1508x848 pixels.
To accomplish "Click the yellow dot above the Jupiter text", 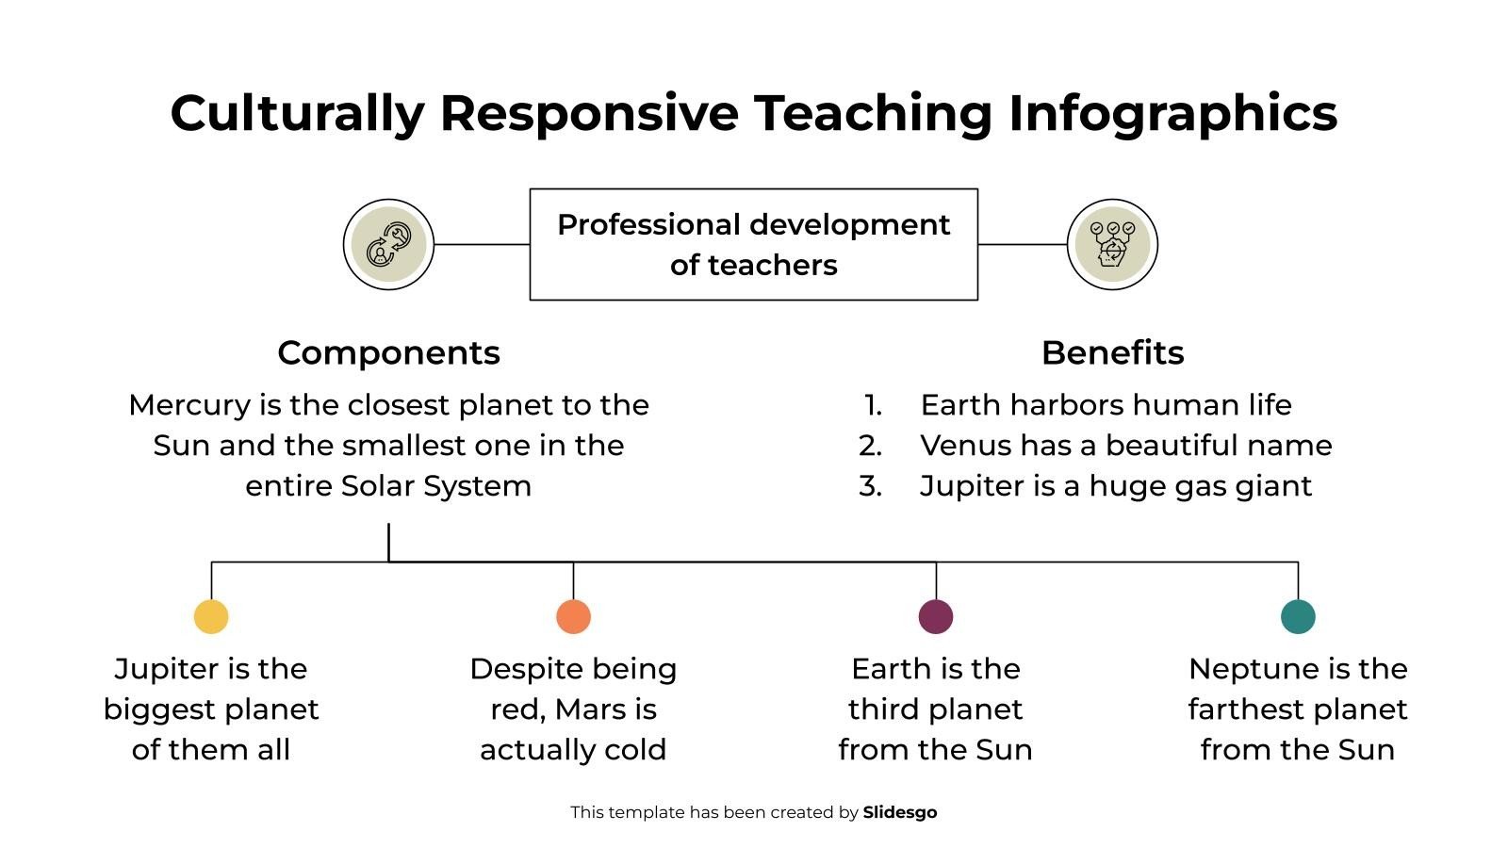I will (x=211, y=617).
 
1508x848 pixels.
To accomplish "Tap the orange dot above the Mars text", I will (x=573, y=617).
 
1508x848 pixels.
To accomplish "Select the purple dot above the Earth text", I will (x=936, y=617).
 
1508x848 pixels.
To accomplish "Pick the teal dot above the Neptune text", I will (x=1298, y=617).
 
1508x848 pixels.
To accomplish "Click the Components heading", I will (x=388, y=352).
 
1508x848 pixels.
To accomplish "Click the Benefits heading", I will (x=1112, y=352).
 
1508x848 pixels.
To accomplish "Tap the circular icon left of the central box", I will (x=388, y=244).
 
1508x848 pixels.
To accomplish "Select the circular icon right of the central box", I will (x=1112, y=244).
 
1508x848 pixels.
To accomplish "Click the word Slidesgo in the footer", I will (x=900, y=812).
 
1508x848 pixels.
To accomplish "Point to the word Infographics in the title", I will (x=1172, y=113).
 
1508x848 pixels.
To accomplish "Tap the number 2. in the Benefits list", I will (x=871, y=446).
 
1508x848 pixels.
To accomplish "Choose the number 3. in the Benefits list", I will (x=871, y=486).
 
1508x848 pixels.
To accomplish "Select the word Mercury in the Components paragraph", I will (x=190, y=405).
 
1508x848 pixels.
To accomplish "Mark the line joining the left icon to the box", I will (x=482, y=244).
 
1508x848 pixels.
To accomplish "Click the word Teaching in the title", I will (x=873, y=113).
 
